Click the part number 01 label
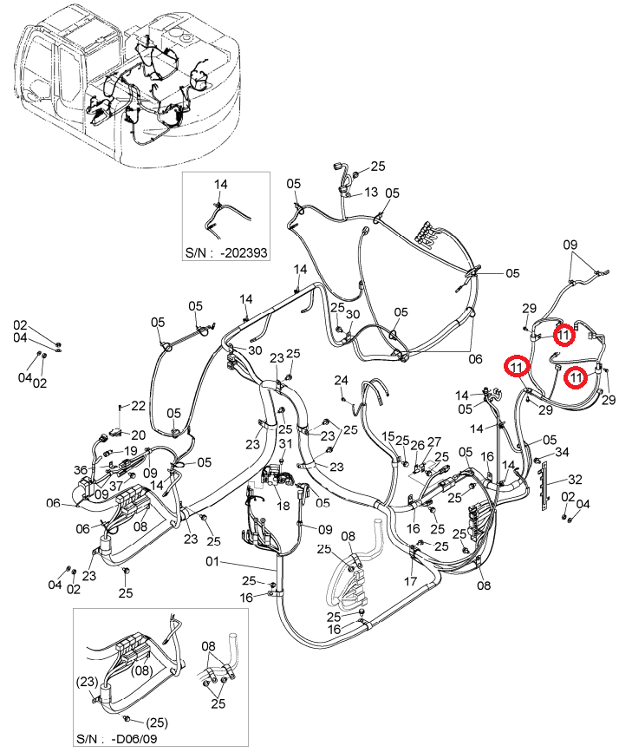pos(212,561)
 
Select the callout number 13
pos(371,193)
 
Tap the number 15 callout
pos(388,436)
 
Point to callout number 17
pos(411,581)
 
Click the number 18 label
pos(283,506)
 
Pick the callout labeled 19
pos(130,451)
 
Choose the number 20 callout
pos(139,435)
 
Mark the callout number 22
pos(138,406)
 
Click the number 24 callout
pos(341,380)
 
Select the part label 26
pos(418,445)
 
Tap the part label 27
pos(434,441)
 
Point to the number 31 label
pos(285,443)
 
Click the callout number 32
pos(575,479)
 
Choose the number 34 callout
pos(562,452)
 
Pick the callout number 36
pos(81,470)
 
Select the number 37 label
pos(116,486)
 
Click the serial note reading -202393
pos(244,252)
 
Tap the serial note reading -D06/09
pos(134,739)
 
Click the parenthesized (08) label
pos(142,670)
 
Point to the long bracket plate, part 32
pos(544,486)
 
